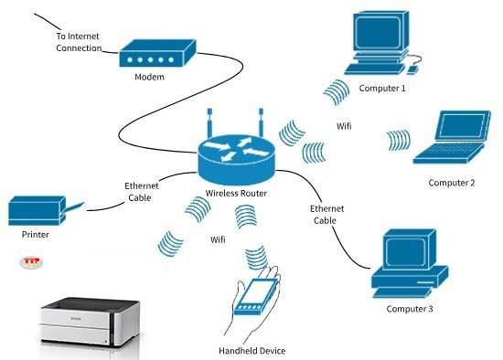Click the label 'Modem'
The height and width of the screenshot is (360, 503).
pyautogui.click(x=148, y=78)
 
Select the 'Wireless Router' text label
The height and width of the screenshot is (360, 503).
pyautogui.click(x=235, y=194)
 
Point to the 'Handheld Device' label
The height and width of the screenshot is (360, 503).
pyautogui.click(x=251, y=351)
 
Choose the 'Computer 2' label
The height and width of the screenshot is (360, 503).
pyautogui.click(x=452, y=183)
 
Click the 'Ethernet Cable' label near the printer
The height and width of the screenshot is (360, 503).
pyautogui.click(x=141, y=191)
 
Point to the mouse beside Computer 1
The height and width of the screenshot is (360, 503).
pyautogui.click(x=414, y=67)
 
